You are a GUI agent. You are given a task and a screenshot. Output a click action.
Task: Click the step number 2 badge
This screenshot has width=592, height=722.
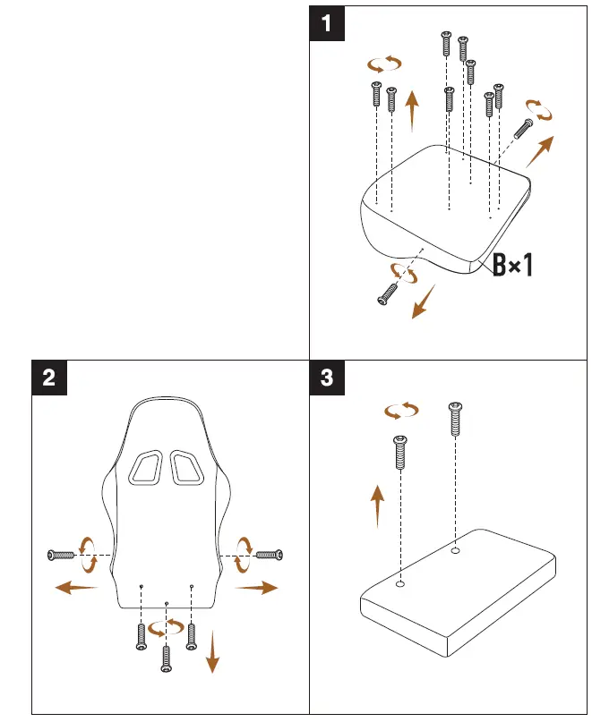pyautogui.click(x=49, y=378)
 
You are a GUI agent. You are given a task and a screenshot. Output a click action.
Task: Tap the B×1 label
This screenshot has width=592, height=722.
pyautogui.click(x=513, y=265)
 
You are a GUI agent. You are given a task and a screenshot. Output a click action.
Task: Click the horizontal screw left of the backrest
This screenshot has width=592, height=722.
pyautogui.click(x=64, y=556)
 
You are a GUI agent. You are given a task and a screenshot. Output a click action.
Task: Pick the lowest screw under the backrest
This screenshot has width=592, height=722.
pyautogui.click(x=166, y=658)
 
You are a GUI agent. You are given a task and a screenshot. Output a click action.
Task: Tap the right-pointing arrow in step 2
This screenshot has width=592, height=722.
pyautogui.click(x=256, y=587)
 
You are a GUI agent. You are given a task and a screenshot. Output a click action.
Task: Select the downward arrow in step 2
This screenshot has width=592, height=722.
pyautogui.click(x=212, y=650)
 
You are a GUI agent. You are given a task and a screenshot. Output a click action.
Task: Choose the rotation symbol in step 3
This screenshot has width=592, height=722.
pyautogui.click(x=401, y=410)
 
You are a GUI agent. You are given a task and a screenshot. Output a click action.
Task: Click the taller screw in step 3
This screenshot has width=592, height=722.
pyautogui.click(x=456, y=419)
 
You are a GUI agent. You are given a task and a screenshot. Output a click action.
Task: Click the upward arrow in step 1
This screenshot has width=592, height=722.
pyautogui.click(x=412, y=111)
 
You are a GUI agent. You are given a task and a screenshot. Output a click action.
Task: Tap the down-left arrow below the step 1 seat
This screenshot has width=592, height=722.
pyautogui.click(x=421, y=302)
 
